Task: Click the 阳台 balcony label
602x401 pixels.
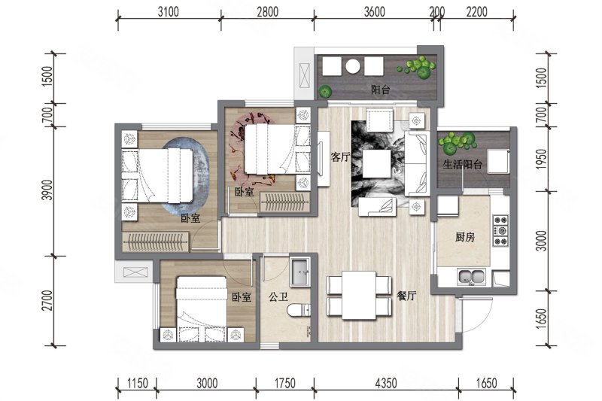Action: coord(380,90)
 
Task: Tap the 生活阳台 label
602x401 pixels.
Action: coord(462,165)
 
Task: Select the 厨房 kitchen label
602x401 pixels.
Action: coord(465,237)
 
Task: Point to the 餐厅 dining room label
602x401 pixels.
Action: coord(406,296)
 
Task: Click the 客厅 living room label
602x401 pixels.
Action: coord(341,156)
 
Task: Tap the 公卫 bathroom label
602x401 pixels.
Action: coord(278,296)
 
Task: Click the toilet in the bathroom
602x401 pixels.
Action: coord(299,310)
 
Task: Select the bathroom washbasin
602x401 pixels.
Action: coord(299,272)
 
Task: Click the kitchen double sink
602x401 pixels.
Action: coord(472,277)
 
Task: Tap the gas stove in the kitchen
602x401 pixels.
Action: coord(500,230)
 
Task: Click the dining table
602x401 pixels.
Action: coord(359,295)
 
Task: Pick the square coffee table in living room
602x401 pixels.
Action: coord(377,164)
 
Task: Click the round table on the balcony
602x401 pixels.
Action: coord(352,66)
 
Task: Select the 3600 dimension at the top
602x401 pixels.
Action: coord(374,11)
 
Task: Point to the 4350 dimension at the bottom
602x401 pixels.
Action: coord(386,383)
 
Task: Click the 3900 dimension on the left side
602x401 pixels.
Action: coord(47,190)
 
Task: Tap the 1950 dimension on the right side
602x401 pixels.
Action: coord(540,159)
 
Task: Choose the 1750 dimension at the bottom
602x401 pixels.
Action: coord(285,383)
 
